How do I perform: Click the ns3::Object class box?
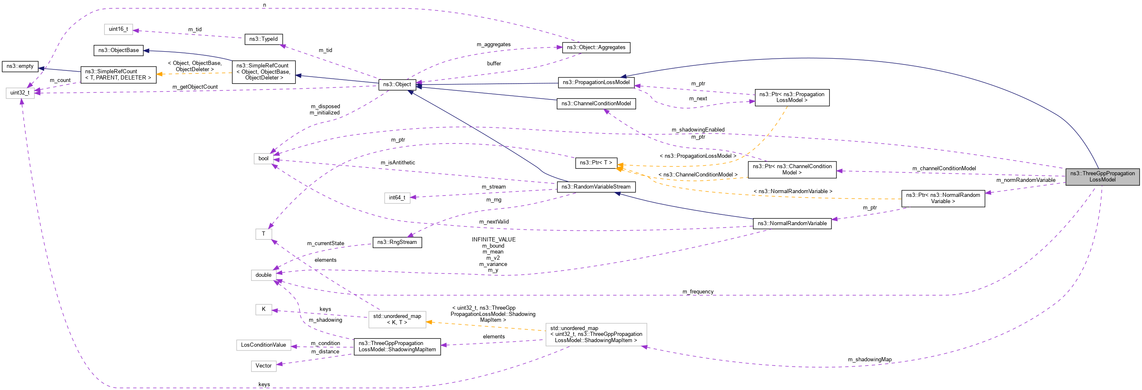coord(397,84)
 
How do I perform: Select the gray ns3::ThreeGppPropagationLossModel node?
coord(1102,176)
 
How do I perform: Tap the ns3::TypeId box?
coord(263,39)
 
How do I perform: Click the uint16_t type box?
coord(118,29)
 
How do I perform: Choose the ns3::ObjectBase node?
coord(118,50)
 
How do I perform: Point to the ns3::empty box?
coord(20,66)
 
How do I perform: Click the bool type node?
coord(263,159)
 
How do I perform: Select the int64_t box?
coord(397,198)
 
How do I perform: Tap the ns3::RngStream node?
coord(397,242)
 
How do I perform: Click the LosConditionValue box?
coord(263,345)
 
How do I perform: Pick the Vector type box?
coord(263,365)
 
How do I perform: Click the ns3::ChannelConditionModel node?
coord(596,103)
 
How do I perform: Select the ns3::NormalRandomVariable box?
coord(792,223)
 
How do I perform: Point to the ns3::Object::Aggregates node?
coord(596,47)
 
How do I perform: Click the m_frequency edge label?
coord(698,291)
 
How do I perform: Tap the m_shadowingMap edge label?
coord(869,359)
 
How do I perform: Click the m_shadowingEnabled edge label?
coord(698,129)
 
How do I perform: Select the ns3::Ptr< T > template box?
coord(596,163)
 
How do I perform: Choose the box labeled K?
coord(263,309)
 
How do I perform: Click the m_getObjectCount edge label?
coord(195,87)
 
